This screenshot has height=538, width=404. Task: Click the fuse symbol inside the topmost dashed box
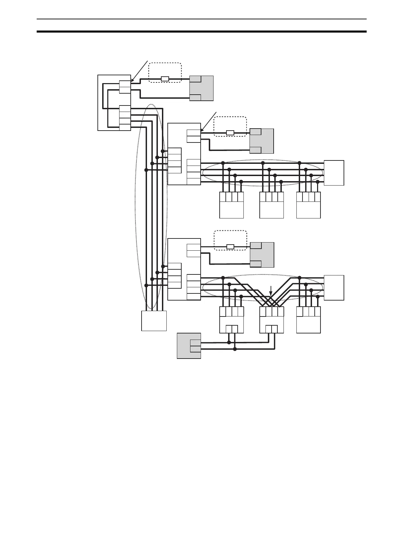[x=165, y=79]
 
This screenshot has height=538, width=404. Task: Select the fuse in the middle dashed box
[x=230, y=133]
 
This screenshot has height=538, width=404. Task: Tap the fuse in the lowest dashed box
[x=230, y=247]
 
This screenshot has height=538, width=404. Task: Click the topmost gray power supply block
[x=201, y=88]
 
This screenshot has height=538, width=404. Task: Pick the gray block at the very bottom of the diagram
[x=189, y=346]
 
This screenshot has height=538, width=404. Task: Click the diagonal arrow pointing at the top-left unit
[x=139, y=72]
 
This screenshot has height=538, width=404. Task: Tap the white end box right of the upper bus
[x=334, y=173]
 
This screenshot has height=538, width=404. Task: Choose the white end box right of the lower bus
[x=334, y=288]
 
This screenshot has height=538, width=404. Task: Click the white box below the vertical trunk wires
[x=154, y=321]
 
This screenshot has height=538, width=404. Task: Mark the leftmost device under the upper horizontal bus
[x=232, y=205]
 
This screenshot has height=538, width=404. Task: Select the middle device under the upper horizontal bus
[x=271, y=205]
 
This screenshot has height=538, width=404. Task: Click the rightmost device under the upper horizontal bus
[x=308, y=205]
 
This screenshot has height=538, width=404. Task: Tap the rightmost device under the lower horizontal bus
[x=308, y=320]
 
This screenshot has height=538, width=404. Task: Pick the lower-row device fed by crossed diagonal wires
[x=271, y=320]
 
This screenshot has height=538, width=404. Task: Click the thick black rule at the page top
[x=202, y=32]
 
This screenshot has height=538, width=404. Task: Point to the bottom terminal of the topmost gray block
[x=195, y=98]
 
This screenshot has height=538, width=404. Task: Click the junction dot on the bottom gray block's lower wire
[x=235, y=349]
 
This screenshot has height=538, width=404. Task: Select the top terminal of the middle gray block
[x=256, y=132]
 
